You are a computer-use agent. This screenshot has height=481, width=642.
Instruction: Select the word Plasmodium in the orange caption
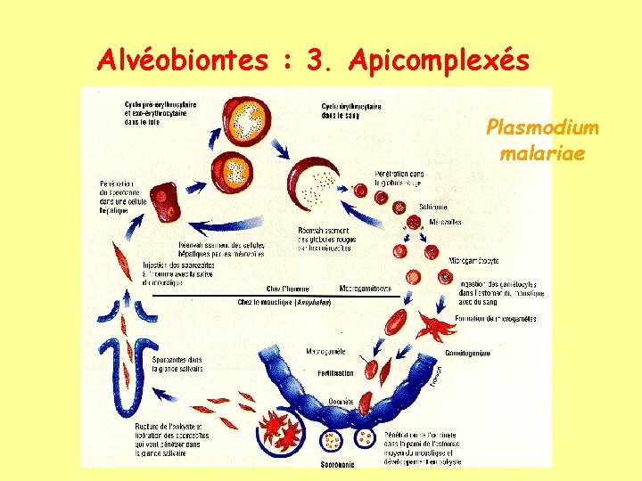pyautogui.click(x=542, y=128)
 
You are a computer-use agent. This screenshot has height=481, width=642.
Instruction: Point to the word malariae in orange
pyautogui.click(x=542, y=153)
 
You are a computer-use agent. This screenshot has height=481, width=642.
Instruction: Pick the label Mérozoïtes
pyautogui.click(x=443, y=223)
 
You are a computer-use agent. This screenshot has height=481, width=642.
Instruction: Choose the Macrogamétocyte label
pyautogui.click(x=366, y=289)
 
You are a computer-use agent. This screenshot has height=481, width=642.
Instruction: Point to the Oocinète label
pyautogui.click(x=340, y=402)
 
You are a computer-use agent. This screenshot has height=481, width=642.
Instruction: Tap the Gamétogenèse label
pyautogui.click(x=467, y=353)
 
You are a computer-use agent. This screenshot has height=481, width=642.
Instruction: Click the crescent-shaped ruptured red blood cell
pyautogui.click(x=311, y=183)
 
